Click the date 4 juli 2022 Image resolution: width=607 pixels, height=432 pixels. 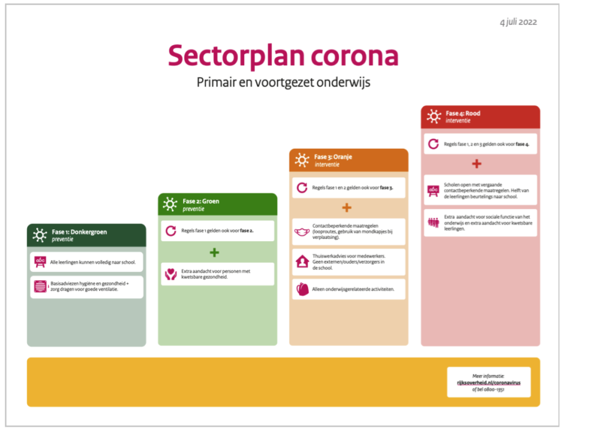pyautogui.click(x=518, y=22)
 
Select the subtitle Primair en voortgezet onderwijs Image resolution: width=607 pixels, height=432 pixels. pyautogui.click(x=283, y=82)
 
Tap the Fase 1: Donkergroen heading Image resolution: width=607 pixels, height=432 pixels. pyautogui.click(x=79, y=232)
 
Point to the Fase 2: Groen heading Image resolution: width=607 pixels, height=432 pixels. pyautogui.click(x=201, y=201)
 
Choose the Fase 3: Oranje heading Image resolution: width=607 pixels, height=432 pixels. pyautogui.click(x=333, y=157)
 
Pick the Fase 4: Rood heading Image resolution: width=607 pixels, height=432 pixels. pyautogui.click(x=463, y=113)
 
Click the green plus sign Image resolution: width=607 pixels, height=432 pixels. pyautogui.click(x=215, y=253)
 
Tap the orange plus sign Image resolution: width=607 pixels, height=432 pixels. pyautogui.click(x=347, y=208)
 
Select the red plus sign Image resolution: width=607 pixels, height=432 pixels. pyautogui.click(x=477, y=164)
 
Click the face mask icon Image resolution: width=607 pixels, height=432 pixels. pyautogui.click(x=302, y=232)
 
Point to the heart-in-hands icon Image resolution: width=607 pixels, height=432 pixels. pyautogui.click(x=171, y=274)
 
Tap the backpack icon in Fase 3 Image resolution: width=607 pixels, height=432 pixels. pyautogui.click(x=302, y=289)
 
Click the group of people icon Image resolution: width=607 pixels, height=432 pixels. pyautogui.click(x=433, y=223)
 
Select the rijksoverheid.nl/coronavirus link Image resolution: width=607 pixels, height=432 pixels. pyautogui.click(x=488, y=383)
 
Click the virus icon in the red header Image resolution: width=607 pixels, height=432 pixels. pyautogui.click(x=434, y=116)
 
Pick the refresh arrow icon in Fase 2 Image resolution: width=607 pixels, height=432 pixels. pyautogui.click(x=171, y=231)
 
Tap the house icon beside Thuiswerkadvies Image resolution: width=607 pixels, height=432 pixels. pyautogui.click(x=302, y=262)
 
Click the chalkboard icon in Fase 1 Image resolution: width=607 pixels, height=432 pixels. pyautogui.click(x=40, y=262)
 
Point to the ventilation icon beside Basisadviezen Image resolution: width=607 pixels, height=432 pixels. pyautogui.click(x=40, y=286)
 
